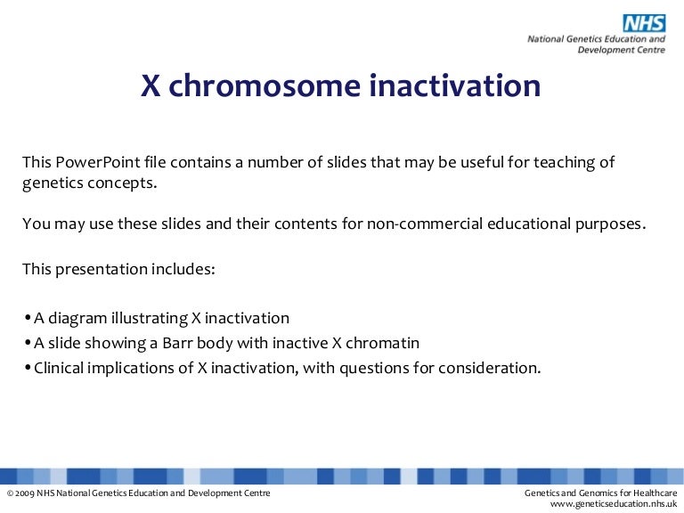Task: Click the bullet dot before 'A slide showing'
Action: click(x=28, y=343)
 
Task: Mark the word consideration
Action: click(x=494, y=367)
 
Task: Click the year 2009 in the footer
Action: click(x=24, y=493)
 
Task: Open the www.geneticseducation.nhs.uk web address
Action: click(x=615, y=505)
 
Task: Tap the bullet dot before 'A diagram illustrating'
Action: click(x=28, y=318)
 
